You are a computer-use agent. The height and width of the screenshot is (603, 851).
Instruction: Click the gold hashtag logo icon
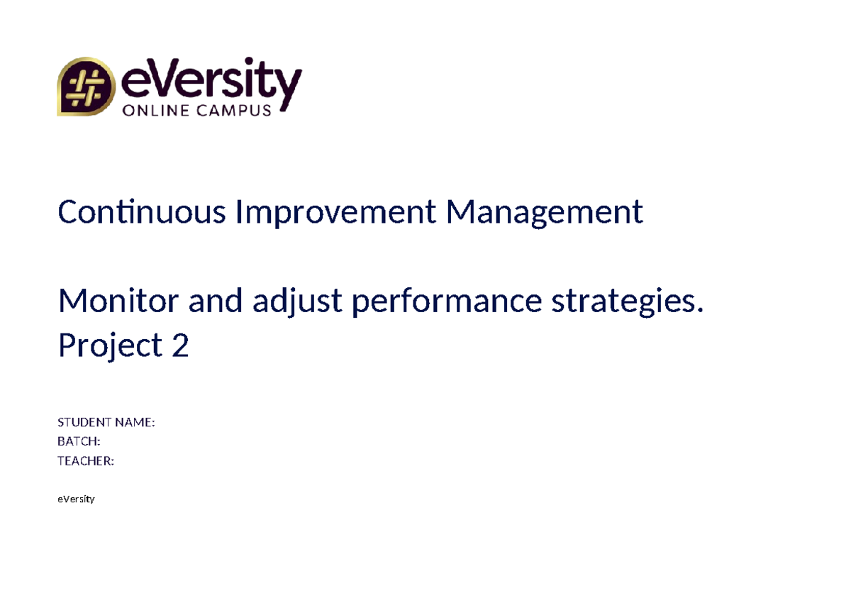[x=85, y=87]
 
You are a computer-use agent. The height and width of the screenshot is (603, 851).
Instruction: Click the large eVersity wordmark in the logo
[x=211, y=82]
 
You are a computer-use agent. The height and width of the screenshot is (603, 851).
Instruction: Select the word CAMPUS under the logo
[x=235, y=110]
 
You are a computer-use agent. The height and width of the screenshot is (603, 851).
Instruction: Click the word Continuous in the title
[x=142, y=211]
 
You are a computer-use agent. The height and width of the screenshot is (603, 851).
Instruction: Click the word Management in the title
[x=544, y=211]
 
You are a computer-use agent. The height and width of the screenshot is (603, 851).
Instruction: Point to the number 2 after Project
[x=180, y=345]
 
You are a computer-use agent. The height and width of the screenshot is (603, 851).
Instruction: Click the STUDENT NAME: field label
[x=106, y=423]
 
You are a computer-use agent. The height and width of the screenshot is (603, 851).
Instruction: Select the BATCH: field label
[x=78, y=442]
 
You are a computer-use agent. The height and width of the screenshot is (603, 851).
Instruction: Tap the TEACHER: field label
[x=85, y=461]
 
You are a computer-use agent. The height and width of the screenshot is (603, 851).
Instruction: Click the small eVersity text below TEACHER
[x=76, y=499]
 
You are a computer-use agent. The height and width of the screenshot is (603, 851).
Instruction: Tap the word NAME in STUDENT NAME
[x=135, y=423]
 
